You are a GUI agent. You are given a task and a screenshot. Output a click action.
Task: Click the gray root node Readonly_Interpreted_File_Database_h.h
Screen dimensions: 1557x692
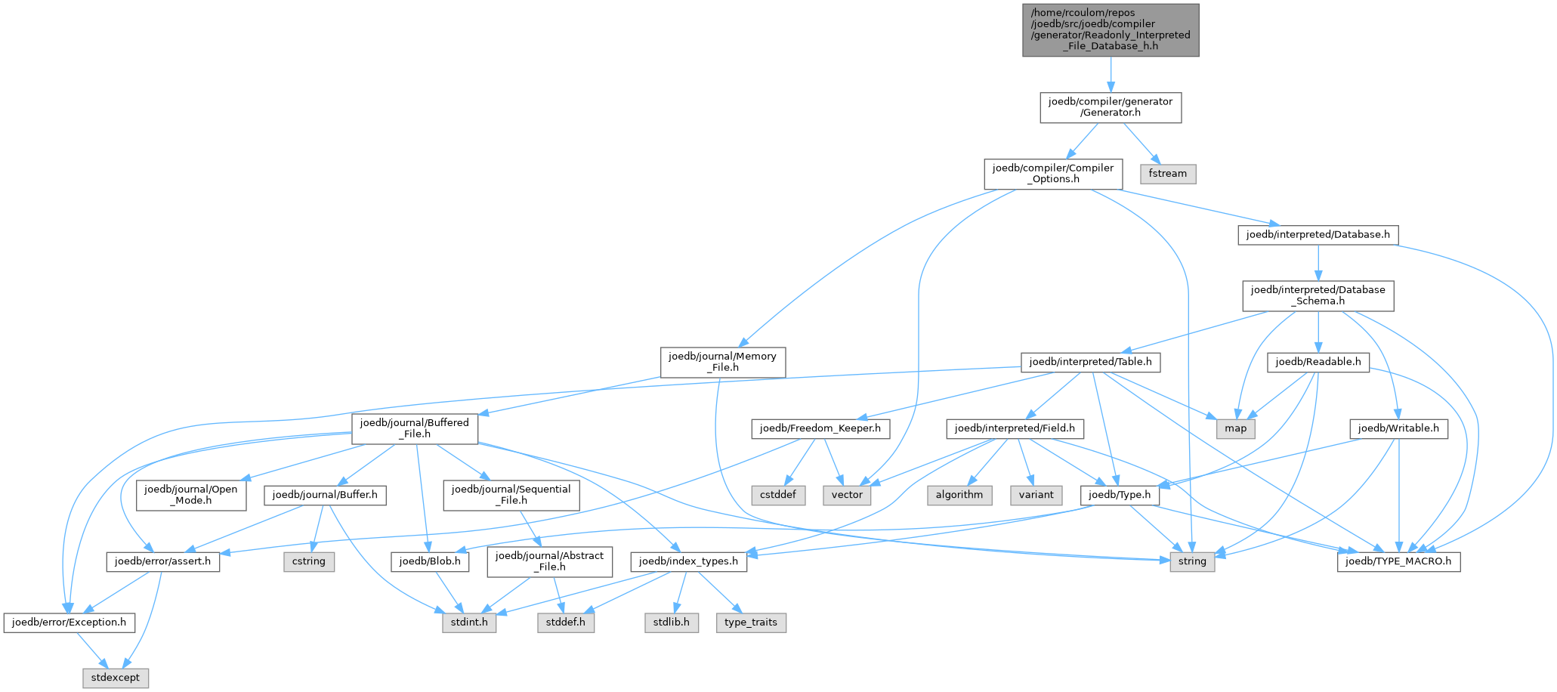[x=1111, y=30]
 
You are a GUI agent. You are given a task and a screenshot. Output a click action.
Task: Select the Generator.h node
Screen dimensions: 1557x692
[x=1111, y=107]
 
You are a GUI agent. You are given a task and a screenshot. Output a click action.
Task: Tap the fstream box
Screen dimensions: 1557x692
[x=1168, y=174]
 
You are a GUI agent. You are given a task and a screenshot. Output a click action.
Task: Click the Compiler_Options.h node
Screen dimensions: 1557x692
[x=1053, y=174]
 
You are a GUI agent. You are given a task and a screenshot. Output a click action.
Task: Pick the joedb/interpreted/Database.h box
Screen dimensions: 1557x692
[x=1318, y=235]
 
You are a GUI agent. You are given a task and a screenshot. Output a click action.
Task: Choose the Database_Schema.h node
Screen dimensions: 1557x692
[x=1318, y=295]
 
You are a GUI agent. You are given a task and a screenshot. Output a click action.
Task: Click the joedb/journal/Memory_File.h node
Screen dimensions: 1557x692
[x=723, y=362]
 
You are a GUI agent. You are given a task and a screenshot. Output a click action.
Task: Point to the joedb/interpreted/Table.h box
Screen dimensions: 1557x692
[x=1091, y=362]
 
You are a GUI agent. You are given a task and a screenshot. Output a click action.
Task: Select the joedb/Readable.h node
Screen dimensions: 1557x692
[x=1318, y=362]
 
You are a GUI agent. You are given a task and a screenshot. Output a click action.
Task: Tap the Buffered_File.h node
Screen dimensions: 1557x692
[x=415, y=428]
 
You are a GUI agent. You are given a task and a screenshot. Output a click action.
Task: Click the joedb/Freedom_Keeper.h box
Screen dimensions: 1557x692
[x=820, y=428]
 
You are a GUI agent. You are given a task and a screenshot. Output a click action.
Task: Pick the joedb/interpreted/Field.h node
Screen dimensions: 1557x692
[x=1015, y=428]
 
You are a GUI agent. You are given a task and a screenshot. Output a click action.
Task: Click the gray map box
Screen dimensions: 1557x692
[x=1236, y=428]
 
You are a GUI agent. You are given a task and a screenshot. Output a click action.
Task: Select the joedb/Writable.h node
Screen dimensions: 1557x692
[x=1399, y=428]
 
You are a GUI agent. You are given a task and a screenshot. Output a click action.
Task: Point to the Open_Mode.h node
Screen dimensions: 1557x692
[x=191, y=495]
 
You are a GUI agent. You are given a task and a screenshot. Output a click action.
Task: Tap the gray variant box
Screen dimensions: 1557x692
[x=1036, y=495]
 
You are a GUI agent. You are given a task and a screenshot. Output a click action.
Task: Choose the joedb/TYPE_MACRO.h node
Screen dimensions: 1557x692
[x=1399, y=562]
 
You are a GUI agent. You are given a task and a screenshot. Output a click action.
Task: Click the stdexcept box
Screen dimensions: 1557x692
[x=116, y=678]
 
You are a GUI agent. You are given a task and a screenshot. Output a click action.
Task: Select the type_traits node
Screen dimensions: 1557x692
[x=751, y=622]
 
